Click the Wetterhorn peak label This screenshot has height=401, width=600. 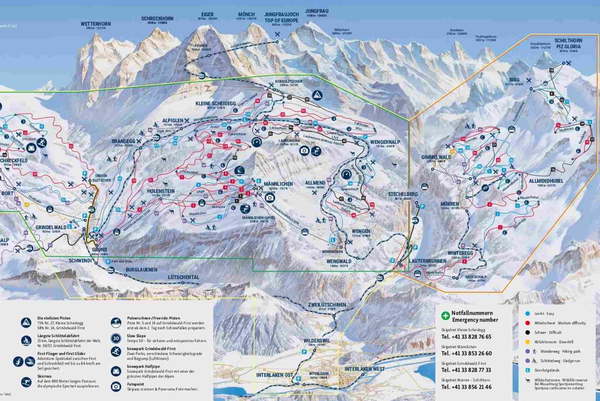pos(96,24)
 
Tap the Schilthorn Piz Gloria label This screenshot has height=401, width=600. pos(568,44)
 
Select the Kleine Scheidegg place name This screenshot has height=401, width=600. pos(216,104)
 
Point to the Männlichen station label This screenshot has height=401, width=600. pos(278,184)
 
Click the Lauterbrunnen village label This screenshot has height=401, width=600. pos(427,261)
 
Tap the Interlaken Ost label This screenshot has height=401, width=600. pos(274,375)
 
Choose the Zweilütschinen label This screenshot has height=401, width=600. pos(327,305)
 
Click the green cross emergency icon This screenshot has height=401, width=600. pos(445,316)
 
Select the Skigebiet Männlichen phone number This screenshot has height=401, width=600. pos(466,353)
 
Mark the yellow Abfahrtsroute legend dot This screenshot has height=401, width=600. pos(528,342)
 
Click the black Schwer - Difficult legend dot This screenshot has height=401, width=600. pos(528,332)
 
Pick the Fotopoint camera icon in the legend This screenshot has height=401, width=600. pos(116,386)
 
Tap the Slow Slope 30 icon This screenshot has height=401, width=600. pos(116,338)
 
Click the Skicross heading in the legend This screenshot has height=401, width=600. pos(44,376)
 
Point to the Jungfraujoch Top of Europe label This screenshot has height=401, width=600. pos(281,18)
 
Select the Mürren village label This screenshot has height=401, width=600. pos(450,204)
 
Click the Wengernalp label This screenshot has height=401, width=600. pos(385,142)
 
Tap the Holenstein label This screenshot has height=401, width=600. pos(161,191)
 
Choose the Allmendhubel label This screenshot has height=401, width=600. pos(546,181)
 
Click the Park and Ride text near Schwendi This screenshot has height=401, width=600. pos(121,261)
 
